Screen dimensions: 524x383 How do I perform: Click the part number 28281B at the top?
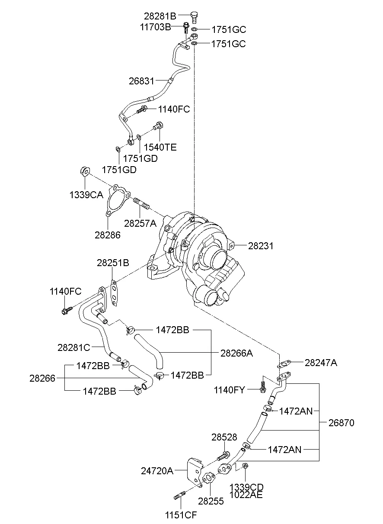[160, 16]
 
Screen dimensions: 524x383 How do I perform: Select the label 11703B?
[155, 27]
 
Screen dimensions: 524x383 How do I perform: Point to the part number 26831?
[141, 80]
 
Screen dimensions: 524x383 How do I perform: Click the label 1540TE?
[160, 147]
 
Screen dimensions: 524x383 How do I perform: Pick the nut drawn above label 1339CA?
[84, 171]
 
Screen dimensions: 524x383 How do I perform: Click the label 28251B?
[113, 263]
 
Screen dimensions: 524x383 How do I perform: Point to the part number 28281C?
[74, 347]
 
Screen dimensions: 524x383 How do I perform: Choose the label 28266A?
[236, 353]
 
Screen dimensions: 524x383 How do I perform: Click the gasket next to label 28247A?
[283, 365]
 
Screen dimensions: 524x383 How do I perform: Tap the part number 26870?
[340, 423]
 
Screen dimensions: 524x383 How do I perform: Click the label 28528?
[224, 437]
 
